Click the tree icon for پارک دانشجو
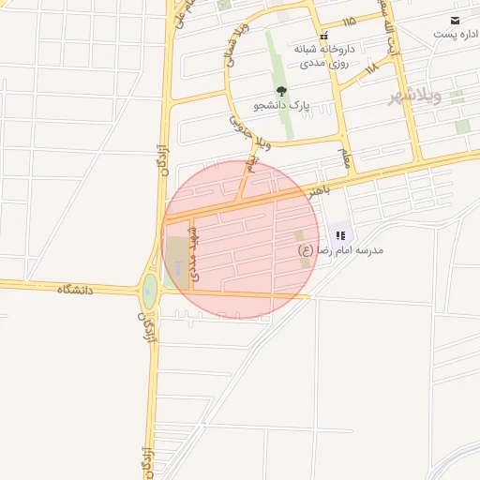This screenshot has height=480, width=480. coord(282,92)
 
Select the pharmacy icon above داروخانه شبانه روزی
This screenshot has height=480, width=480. coord(323,35)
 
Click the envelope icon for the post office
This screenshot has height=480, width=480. coord(455,21)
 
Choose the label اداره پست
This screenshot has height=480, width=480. coord(456,35)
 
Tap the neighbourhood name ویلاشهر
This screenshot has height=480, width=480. coord(415,97)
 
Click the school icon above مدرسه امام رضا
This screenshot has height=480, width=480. coord(340,236)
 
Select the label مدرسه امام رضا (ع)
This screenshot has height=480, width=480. coord(340,250)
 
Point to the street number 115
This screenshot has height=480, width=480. coord(350,21)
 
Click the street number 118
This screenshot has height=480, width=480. coord(371,67)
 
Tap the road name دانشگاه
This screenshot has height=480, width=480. coord(76,290)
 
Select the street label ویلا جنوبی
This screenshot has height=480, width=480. coord(247,129)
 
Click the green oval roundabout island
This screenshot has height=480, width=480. coord(150,292)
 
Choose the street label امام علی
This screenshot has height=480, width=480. coord(185,14)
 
